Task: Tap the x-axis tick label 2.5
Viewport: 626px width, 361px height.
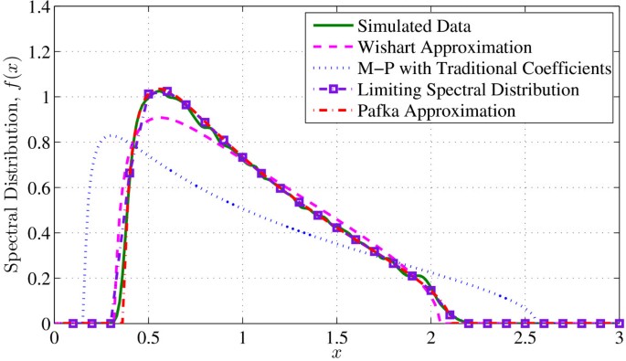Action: click(525, 337)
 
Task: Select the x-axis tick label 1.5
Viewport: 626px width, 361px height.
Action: click(337, 337)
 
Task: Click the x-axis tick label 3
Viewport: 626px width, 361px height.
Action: click(619, 337)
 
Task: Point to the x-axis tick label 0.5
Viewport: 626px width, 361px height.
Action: click(149, 337)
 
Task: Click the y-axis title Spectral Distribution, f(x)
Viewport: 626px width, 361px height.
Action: click(13, 165)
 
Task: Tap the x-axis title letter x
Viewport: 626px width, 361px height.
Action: click(337, 351)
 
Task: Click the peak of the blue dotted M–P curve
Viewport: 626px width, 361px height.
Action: click(109, 136)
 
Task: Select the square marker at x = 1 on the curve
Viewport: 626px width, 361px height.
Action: click(243, 157)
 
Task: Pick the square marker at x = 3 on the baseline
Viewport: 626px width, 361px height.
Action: click(619, 324)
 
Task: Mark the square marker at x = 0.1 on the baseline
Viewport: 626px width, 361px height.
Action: click(74, 324)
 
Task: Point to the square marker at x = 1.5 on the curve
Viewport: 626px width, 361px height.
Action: click(337, 227)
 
